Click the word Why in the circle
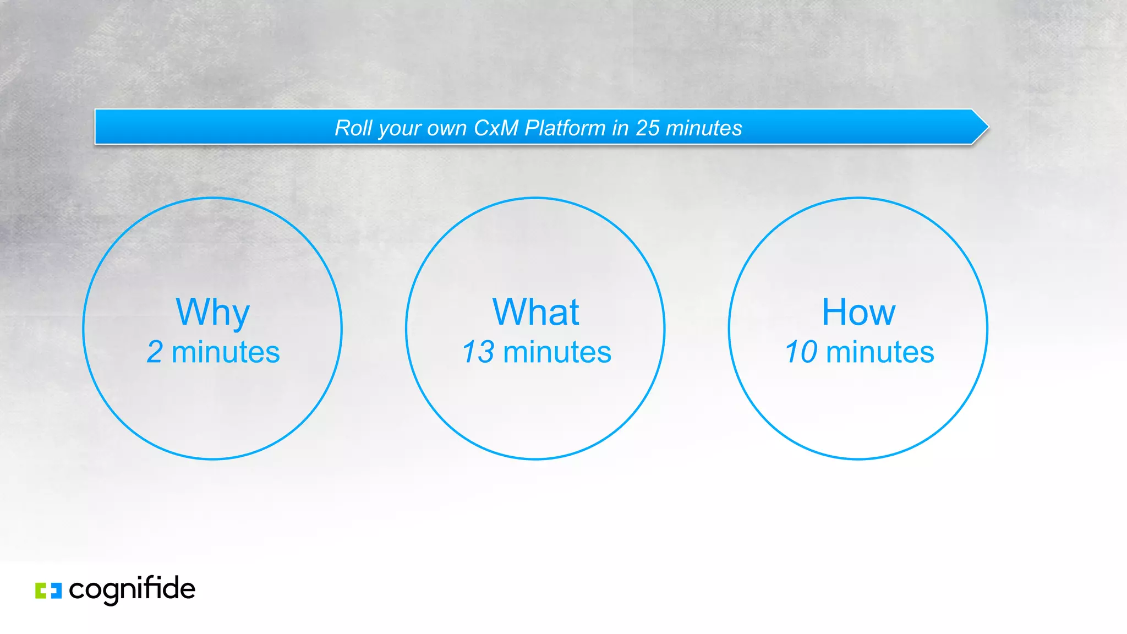pos(212,313)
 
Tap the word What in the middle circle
pos(535,312)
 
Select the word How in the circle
pos(858,312)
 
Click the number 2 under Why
pos(155,352)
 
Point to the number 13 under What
pos(478,352)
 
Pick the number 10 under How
pos(801,352)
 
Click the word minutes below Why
pos(226,352)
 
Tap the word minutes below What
pos(557,352)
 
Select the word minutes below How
pos(880,352)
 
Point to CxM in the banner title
pos(496,128)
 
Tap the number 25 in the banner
pos(647,128)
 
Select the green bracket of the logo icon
pos(41,591)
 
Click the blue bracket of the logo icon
pos(56,591)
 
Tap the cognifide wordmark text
pos(132,589)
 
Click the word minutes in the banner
pos(704,128)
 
